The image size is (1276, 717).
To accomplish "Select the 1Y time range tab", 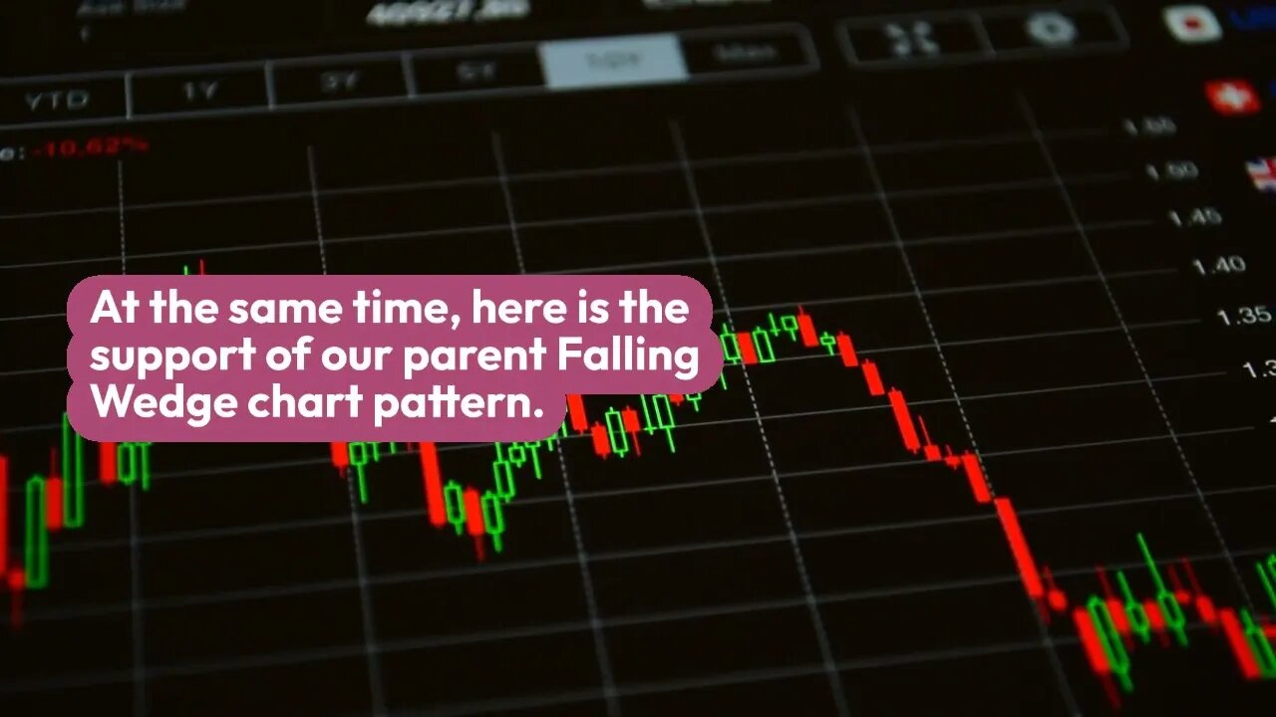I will click(x=199, y=90).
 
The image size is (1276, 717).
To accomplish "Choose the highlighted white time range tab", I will click(x=613, y=62).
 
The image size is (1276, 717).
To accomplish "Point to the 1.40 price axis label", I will click(x=1218, y=265).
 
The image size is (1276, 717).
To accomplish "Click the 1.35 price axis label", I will click(x=1243, y=317).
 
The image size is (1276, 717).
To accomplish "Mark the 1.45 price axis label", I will click(x=1194, y=216).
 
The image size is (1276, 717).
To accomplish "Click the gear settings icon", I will click(x=1051, y=30).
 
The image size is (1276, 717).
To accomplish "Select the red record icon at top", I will click(x=1193, y=22).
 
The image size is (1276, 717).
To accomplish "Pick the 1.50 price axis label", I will click(x=1171, y=171).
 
